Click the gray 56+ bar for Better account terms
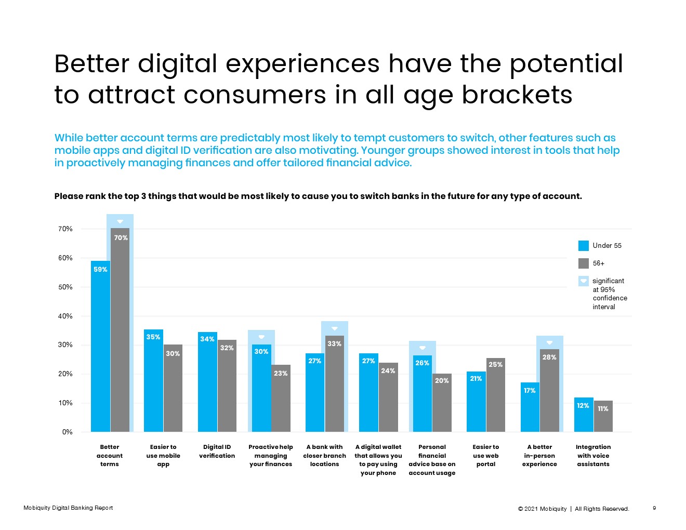click(x=120, y=333)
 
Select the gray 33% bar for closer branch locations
click(x=334, y=384)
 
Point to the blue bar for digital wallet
click(x=368, y=393)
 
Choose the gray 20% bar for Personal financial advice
click(x=442, y=403)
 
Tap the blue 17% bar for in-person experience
click(x=530, y=407)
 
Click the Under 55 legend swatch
click(x=584, y=246)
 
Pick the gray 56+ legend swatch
click(x=584, y=263)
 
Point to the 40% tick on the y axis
click(x=65, y=316)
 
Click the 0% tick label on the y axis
click(x=68, y=432)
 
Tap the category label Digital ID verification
click(x=217, y=451)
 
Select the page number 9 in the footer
click(x=654, y=508)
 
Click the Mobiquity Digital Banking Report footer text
click(x=68, y=508)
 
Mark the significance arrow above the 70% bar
click(x=120, y=221)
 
